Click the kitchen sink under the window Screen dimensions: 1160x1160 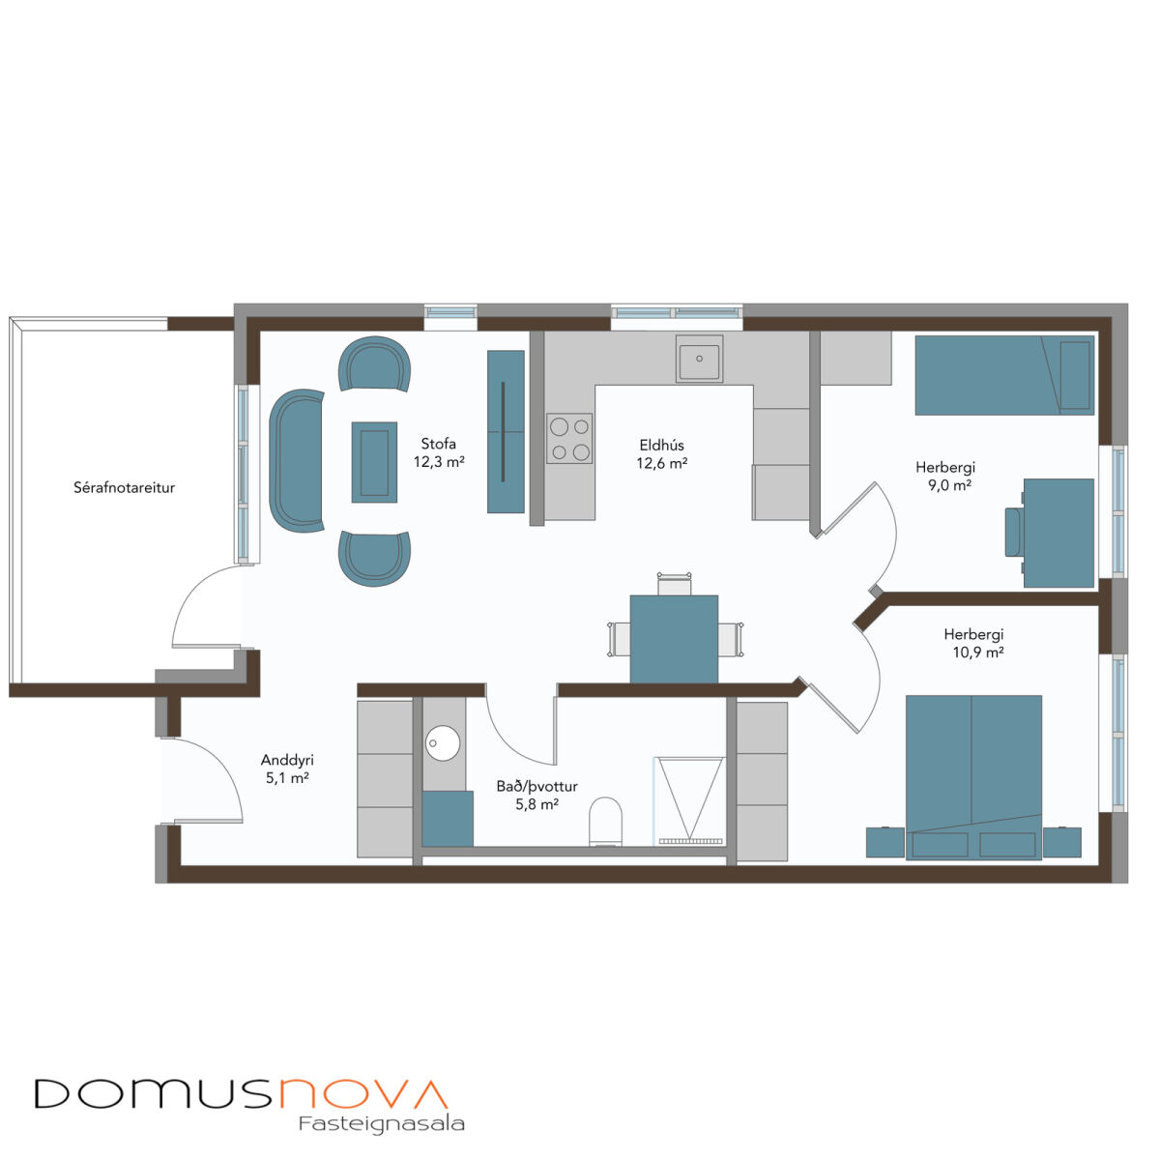click(x=698, y=359)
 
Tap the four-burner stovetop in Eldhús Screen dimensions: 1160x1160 click(x=568, y=438)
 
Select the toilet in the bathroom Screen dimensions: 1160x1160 click(x=604, y=821)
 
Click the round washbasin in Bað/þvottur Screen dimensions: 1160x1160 click(x=443, y=743)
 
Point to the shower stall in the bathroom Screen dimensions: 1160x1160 click(x=688, y=800)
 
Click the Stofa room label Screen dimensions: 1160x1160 click(x=438, y=444)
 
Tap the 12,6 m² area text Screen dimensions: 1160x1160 click(x=661, y=463)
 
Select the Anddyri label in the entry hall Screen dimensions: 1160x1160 click(x=286, y=761)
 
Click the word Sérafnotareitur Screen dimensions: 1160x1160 click(x=124, y=487)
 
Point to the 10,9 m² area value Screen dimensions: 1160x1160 click(x=977, y=652)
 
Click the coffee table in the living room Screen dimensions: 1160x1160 click(x=374, y=462)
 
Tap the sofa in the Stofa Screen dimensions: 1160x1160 click(x=296, y=460)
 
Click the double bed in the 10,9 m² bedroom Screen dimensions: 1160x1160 click(x=972, y=777)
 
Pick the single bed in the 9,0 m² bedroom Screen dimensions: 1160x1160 click(x=1004, y=375)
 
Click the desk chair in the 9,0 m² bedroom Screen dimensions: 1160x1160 click(x=1013, y=532)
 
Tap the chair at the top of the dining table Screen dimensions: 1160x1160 click(x=674, y=583)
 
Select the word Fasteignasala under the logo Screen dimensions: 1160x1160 click(x=381, y=1124)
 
